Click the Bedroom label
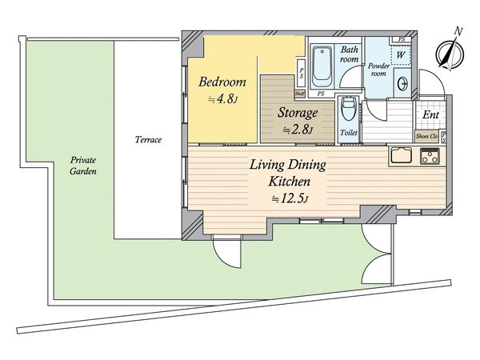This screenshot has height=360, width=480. point(222,82)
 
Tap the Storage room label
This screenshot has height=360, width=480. point(298,113)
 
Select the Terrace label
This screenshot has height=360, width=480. point(148,140)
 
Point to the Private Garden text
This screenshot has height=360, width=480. point(83,166)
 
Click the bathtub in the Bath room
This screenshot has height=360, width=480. point(322,67)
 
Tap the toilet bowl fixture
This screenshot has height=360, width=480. point(348,111)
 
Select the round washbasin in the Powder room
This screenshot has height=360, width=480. point(402,83)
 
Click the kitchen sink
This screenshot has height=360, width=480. point(401,156)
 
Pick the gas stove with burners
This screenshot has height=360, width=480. point(430,156)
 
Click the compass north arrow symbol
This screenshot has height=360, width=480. point(450,50)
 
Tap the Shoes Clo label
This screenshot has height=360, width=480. point(426,136)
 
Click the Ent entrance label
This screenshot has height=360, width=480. point(430,115)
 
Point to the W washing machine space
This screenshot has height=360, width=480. point(401,55)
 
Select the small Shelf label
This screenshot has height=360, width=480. point(299,94)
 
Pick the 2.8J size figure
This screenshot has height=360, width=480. point(298,130)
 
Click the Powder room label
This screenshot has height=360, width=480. point(378,70)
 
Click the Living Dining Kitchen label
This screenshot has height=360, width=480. point(288,173)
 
